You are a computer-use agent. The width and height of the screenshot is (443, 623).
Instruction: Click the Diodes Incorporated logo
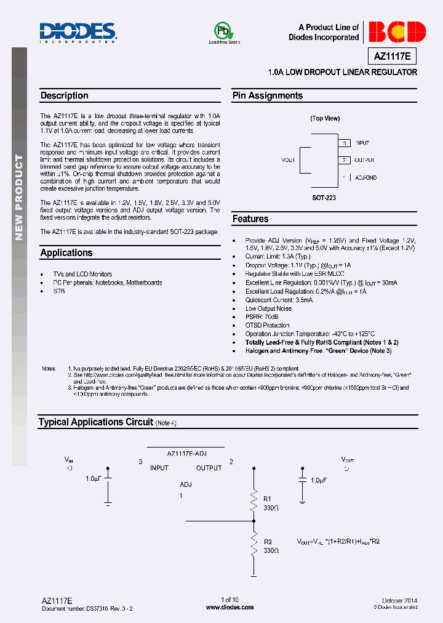[x=78, y=32]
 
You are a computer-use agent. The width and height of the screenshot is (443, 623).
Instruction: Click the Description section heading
[x=65, y=95]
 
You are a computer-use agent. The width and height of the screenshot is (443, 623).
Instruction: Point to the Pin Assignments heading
[x=267, y=95]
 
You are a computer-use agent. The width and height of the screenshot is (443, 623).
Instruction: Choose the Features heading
[x=250, y=219]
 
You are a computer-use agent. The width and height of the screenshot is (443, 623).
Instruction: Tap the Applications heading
[x=66, y=252]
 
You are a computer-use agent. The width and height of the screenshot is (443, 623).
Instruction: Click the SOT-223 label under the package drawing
[x=324, y=198]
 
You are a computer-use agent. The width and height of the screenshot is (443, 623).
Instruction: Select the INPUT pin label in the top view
[x=362, y=143]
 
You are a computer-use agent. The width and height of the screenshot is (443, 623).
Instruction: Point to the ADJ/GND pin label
[x=366, y=177]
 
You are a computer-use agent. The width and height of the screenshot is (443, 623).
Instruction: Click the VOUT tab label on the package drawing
[x=288, y=160]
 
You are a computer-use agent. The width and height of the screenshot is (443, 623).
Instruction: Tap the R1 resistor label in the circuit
[x=267, y=499]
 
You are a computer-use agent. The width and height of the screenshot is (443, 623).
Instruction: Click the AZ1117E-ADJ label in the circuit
[x=186, y=453]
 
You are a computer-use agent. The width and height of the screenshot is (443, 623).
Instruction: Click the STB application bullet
[x=59, y=291]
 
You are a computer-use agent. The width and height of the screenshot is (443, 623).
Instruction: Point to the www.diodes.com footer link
[x=229, y=607]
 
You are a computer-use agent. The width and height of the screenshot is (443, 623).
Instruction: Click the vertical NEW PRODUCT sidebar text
[x=19, y=197]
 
